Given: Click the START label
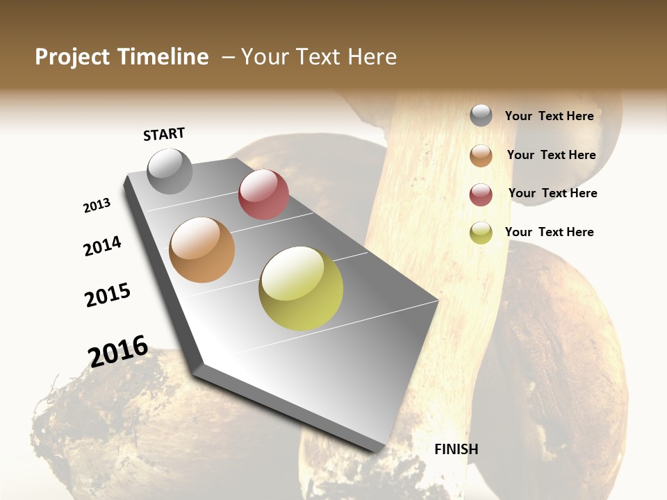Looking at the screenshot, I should coord(164,134).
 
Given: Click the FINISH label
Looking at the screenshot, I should coord(456,449).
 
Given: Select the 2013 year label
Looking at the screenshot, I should coord(97,206).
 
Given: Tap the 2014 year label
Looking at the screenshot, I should coord(102,247).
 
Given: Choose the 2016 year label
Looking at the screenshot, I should coord(118,351).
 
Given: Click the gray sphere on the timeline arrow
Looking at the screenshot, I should coord(170,171).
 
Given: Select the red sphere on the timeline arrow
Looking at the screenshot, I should coord(263,194).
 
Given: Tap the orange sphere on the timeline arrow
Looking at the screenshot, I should coord(202,250).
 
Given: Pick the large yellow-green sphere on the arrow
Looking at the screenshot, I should coord(301,288).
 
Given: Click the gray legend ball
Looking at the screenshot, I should coord(481,115).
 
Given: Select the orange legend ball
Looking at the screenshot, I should coord(481,156).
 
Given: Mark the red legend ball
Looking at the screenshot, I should coord(481,194).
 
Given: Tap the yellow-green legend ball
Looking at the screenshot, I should coord(481,233).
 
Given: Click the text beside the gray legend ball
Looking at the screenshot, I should coord(549,116).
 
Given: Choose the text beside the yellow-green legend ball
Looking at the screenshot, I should coord(549,232).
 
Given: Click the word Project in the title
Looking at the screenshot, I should coord(72,57).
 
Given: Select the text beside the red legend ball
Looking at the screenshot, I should coord(552,193).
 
